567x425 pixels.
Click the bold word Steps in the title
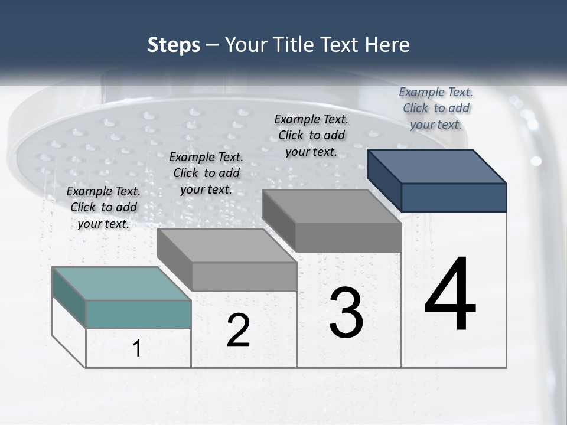[174, 45]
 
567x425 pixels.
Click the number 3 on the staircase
[346, 312]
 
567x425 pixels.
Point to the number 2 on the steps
[238, 331]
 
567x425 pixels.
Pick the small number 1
[137, 348]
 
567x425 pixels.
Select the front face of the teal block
[138, 314]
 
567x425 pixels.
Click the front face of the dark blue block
[454, 197]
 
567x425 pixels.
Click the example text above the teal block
[103, 207]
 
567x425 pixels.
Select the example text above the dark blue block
[436, 108]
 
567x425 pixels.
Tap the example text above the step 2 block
[206, 173]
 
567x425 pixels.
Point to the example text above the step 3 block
[311, 135]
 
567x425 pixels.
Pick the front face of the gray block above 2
[244, 276]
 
